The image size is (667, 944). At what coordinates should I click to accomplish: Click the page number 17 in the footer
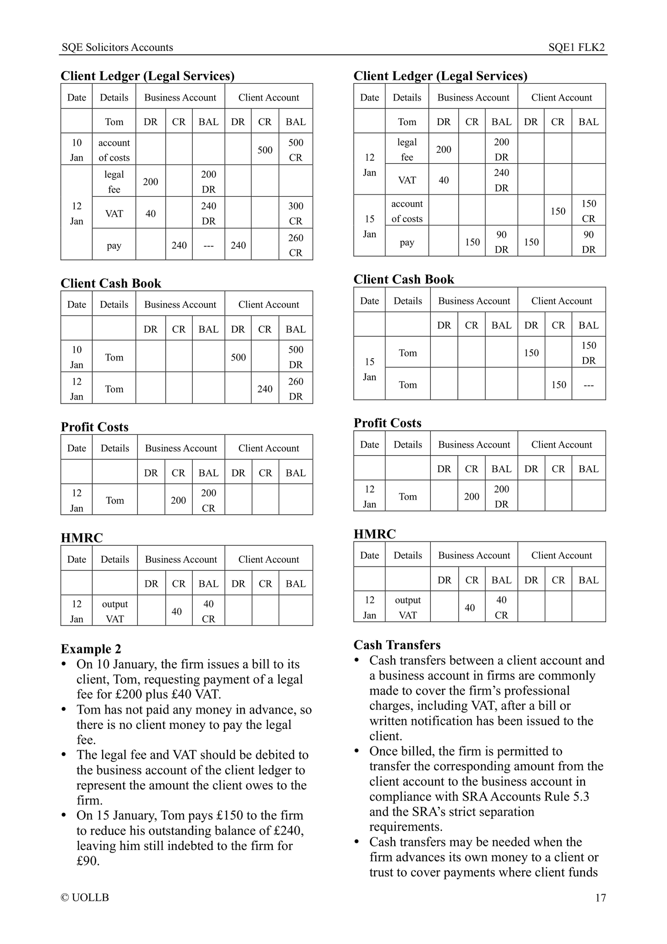pos(600,898)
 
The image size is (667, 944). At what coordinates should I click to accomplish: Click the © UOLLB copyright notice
pos(85,898)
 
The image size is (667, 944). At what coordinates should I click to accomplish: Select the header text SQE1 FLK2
pos(577,48)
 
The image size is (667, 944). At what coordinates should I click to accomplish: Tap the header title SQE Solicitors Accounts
pos(117,48)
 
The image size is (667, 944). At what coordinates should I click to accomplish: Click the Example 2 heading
pos(91,649)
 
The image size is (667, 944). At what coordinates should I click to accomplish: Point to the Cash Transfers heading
pos(397,645)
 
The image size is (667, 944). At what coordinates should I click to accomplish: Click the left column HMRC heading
pos(82,538)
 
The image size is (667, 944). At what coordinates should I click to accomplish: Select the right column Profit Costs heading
pos(387,423)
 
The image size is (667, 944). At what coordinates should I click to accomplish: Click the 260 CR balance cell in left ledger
pos(295,245)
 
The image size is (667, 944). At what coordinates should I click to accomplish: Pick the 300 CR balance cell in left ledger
pos(295,213)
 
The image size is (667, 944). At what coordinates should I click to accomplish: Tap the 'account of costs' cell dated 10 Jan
pos(114,150)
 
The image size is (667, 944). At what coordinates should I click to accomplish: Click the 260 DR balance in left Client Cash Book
pos(295,389)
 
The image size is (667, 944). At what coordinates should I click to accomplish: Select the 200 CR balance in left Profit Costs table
pos(209,500)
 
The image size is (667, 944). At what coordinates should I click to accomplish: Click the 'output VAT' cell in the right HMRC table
pos(408,607)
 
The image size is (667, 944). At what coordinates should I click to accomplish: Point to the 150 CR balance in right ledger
pos(589,211)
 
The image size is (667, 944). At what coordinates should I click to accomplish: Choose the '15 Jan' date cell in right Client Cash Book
pos(369,369)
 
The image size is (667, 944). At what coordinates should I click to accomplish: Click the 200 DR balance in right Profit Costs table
pos(501,496)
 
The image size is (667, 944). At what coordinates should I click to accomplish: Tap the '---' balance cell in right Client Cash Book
pos(589,385)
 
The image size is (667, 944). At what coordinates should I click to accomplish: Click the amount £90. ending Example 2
pos(88,861)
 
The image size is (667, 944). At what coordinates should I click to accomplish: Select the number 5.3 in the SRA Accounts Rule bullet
pos(579,797)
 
